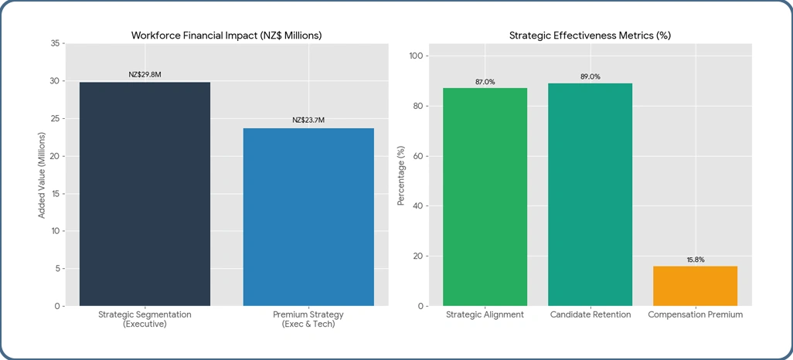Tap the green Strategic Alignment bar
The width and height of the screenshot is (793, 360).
pos(485,197)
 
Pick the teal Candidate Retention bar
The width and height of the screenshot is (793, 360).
pos(590,195)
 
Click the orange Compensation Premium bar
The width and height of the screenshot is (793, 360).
pos(695,286)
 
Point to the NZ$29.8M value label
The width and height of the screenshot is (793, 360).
pos(145,75)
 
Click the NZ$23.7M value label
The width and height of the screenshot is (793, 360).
pos(308,120)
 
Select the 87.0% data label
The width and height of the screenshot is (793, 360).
pos(485,81)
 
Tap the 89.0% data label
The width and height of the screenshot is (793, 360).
pos(590,76)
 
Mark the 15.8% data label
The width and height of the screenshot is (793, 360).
pos(695,260)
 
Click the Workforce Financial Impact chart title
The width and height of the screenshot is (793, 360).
pos(226,36)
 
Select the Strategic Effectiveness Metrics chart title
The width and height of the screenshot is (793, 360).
pos(590,36)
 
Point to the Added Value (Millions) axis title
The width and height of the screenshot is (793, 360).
pos(42,175)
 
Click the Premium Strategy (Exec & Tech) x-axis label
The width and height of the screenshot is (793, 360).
pos(308,320)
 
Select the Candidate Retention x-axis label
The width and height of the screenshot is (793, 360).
pos(590,315)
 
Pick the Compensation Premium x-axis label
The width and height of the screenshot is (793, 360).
pos(695,315)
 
